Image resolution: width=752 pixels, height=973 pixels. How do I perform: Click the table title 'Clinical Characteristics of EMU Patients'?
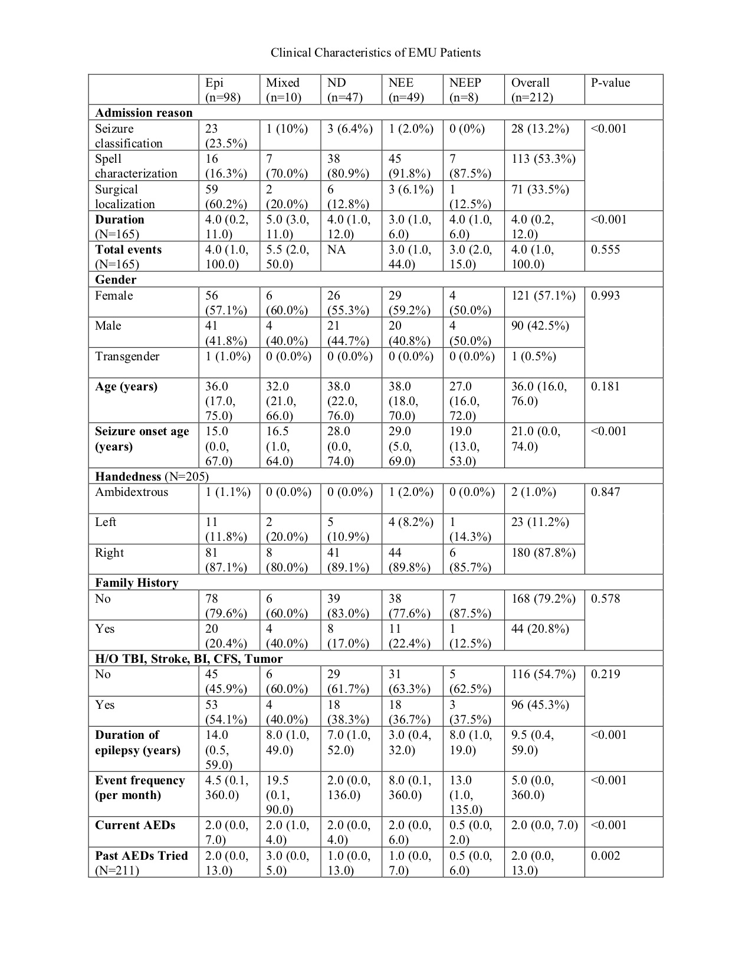[x=376, y=52]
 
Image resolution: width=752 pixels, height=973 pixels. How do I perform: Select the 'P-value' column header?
[x=610, y=83]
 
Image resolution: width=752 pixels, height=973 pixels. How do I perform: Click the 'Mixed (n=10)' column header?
[x=283, y=90]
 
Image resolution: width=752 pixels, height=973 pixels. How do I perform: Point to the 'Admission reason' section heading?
[x=144, y=113]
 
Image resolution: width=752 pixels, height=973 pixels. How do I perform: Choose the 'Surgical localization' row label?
[x=125, y=196]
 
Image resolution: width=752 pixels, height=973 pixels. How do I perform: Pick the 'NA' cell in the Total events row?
[x=337, y=249]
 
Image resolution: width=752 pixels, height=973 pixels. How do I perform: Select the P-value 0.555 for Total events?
[x=605, y=249]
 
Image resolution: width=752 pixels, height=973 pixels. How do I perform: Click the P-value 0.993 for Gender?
[x=605, y=295]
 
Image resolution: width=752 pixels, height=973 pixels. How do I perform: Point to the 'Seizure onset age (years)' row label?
[x=142, y=439]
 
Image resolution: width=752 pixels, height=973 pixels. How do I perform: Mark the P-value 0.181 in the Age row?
[x=605, y=387]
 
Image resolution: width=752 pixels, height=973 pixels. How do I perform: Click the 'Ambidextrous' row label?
[x=132, y=492]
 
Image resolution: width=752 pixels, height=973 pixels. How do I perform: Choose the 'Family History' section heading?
[x=137, y=583]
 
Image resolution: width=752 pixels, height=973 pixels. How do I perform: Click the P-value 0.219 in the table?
[x=605, y=674]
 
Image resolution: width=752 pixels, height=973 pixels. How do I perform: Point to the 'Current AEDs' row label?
[x=135, y=825]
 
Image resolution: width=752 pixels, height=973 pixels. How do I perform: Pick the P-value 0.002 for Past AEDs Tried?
[x=605, y=856]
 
